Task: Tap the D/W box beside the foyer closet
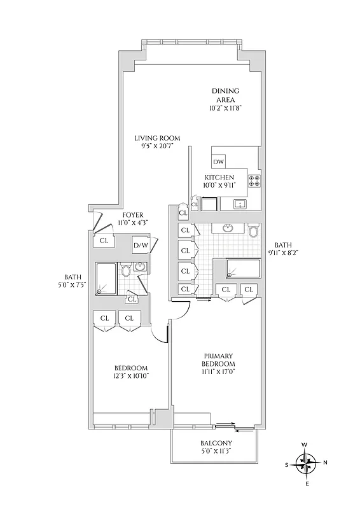point(140,246)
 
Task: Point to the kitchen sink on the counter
point(240,204)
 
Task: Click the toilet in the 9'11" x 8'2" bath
point(254,231)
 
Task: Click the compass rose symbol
point(307,464)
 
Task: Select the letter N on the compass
point(326,464)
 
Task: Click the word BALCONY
point(216,443)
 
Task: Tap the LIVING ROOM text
point(157,138)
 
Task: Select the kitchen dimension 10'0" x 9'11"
point(219,185)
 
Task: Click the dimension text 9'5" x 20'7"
point(157,146)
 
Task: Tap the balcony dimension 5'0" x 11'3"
point(216,452)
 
